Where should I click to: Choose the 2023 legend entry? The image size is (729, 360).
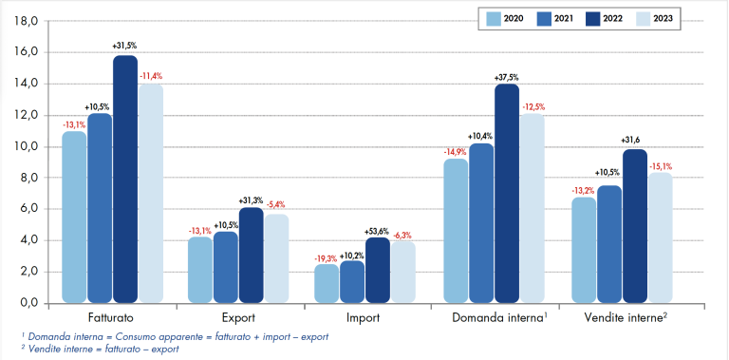point(661,17)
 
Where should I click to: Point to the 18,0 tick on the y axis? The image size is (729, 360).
point(27,21)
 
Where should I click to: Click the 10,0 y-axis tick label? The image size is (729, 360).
point(27,146)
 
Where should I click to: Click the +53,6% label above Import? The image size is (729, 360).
point(378,231)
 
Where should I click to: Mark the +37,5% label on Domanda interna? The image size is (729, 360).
point(507,77)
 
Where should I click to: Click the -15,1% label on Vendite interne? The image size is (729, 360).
point(660,166)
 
